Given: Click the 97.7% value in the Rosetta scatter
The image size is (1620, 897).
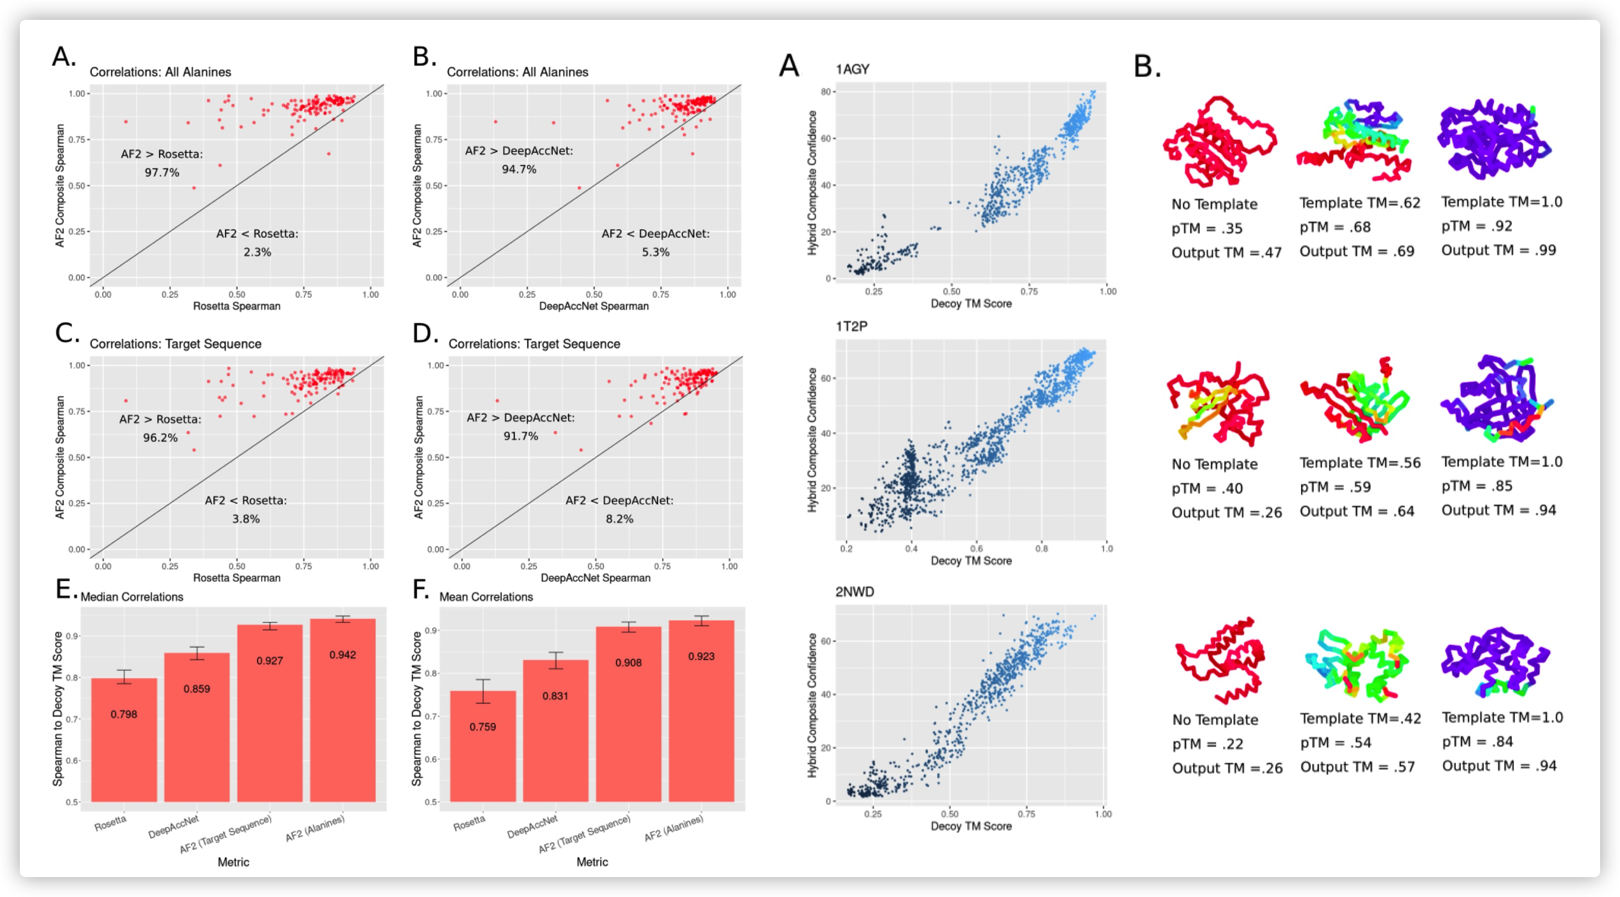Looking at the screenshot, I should pyautogui.click(x=162, y=172).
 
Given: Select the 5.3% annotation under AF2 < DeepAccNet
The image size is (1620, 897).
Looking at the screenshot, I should pyautogui.click(x=655, y=252).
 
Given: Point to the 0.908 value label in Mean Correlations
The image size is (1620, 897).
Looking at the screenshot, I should pyautogui.click(x=628, y=663).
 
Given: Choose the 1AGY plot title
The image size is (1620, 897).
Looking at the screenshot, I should pyautogui.click(x=852, y=69).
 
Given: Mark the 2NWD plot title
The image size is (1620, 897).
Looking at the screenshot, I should pyautogui.click(x=854, y=592).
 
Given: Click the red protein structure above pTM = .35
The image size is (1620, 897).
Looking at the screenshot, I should pyautogui.click(x=1219, y=141).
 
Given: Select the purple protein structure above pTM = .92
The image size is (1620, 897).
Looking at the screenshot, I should pyautogui.click(x=1493, y=139).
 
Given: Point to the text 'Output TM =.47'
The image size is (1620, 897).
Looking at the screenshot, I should pyautogui.click(x=1225, y=252).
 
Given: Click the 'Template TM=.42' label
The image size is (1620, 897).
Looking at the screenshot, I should pyautogui.click(x=1360, y=719).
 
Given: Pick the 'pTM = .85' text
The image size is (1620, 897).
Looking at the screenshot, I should pyautogui.click(x=1476, y=486).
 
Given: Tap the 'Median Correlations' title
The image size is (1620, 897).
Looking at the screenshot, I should pyautogui.click(x=132, y=597).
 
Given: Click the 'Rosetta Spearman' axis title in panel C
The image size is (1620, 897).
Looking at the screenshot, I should pyautogui.click(x=236, y=578).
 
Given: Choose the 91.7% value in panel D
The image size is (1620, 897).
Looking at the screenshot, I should pyautogui.click(x=520, y=436).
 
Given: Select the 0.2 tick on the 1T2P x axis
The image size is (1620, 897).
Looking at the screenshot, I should pyautogui.click(x=846, y=549).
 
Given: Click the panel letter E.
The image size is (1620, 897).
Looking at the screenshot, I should pyautogui.click(x=65, y=589).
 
